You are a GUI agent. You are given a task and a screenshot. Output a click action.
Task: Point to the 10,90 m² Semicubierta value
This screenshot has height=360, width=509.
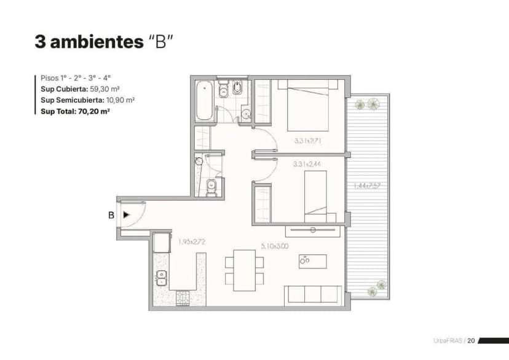[121, 100]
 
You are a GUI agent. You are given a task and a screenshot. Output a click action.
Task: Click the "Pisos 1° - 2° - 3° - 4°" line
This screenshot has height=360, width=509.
[75, 78]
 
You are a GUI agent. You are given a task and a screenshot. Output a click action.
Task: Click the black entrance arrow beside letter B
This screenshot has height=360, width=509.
[126, 215]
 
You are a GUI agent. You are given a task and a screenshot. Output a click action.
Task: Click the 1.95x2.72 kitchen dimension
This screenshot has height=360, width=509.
[192, 242]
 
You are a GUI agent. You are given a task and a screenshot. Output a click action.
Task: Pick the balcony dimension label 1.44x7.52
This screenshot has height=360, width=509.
[367, 186]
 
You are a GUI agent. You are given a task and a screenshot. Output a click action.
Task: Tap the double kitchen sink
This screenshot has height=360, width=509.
[162, 278]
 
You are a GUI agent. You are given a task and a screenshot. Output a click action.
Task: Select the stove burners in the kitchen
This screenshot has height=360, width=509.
[183, 299]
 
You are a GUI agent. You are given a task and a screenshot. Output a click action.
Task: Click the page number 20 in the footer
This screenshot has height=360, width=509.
[471, 340]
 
